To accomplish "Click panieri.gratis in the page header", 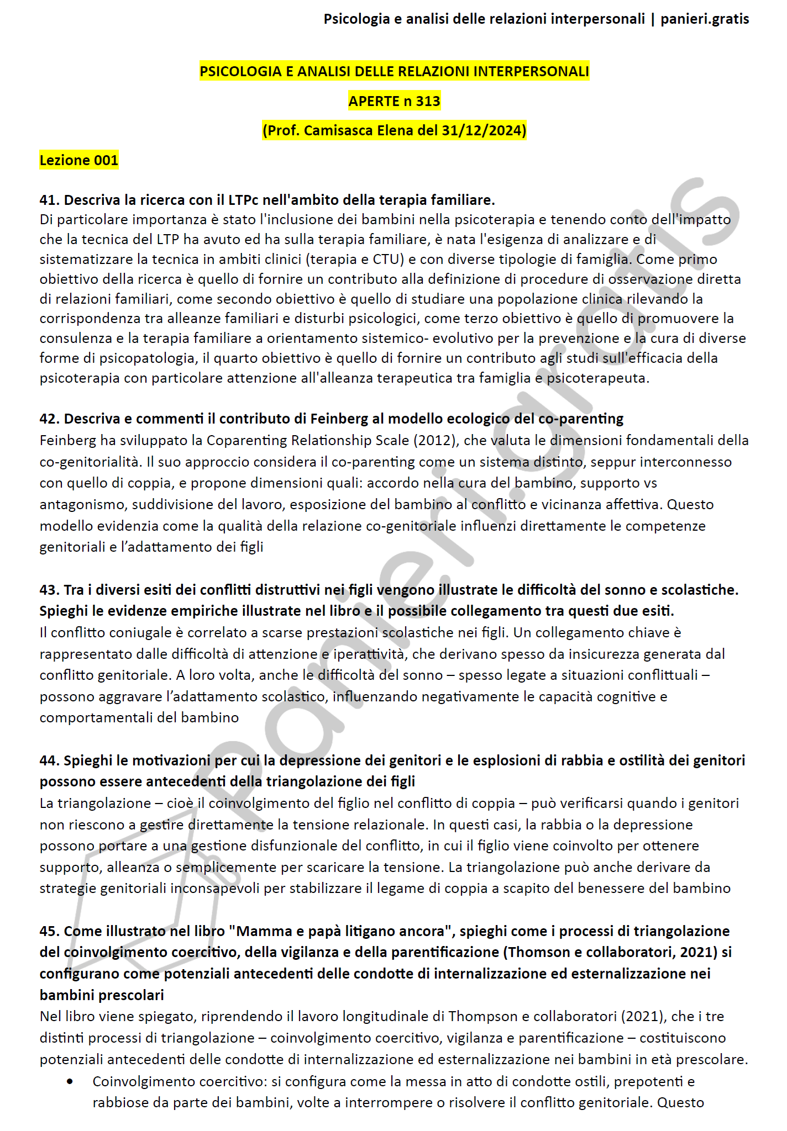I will (705, 19).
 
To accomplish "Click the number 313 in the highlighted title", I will (428, 101).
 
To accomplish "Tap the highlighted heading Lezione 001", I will (79, 160).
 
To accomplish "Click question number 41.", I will (49, 200).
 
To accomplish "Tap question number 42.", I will (49, 419).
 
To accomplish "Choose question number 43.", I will (49, 590).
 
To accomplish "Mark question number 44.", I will (49, 761).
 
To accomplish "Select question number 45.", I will (49, 932).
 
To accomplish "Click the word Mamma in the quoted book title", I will (261, 932).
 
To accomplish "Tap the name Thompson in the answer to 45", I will (482, 1017).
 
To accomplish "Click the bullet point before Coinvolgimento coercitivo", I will (70, 1082).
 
